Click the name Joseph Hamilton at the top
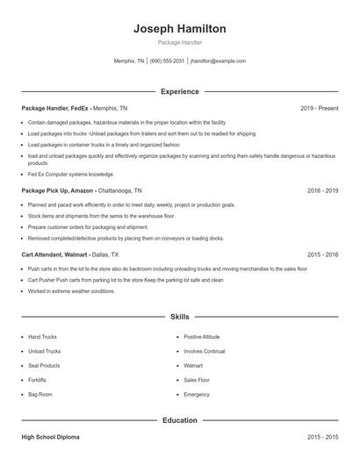point(179,29)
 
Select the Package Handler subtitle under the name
point(179,43)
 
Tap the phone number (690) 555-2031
point(167,61)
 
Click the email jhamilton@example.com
point(218,61)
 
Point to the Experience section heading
point(179,91)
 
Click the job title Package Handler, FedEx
point(56,108)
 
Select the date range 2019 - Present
point(319,108)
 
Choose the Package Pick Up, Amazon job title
point(58,190)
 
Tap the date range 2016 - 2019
point(322,190)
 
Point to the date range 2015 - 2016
point(322,254)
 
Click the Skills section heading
point(179,316)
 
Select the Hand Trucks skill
point(42,336)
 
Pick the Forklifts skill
point(37,380)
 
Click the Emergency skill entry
point(197,395)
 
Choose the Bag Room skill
point(40,395)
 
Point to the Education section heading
point(179,420)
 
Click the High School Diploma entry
point(52,436)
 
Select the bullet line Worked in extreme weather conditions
point(71,291)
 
